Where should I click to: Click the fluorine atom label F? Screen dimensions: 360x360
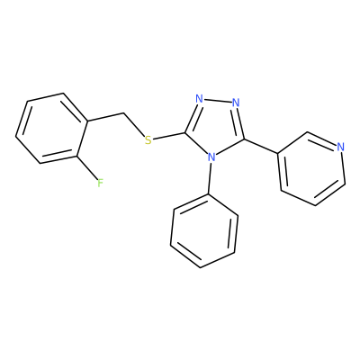(100, 183)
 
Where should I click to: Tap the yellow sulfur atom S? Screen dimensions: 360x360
(148, 139)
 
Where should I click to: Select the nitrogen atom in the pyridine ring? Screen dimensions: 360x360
(340, 147)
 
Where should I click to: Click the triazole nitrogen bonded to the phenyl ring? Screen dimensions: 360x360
(211, 157)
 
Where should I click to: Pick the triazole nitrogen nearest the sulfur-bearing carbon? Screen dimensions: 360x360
(199, 98)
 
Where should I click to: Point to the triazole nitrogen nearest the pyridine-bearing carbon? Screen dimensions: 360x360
(236, 103)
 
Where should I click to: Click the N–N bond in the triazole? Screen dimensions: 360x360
(218, 101)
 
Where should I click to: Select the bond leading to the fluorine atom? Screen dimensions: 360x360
(88, 168)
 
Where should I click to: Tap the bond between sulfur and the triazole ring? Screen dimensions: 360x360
(169, 136)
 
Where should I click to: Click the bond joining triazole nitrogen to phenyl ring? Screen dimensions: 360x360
(210, 178)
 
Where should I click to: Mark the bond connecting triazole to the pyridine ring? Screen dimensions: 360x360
(261, 147)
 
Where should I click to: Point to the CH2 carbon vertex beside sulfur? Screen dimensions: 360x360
(123, 113)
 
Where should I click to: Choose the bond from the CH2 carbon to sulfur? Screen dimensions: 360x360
(134, 124)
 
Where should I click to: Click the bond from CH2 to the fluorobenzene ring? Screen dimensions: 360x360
(105, 118)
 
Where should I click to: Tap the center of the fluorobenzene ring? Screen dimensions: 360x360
(51, 128)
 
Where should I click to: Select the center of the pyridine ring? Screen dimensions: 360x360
(311, 168)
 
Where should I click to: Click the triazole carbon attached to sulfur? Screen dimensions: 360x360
(185, 132)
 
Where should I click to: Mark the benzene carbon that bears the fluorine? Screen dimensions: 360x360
(77, 156)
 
